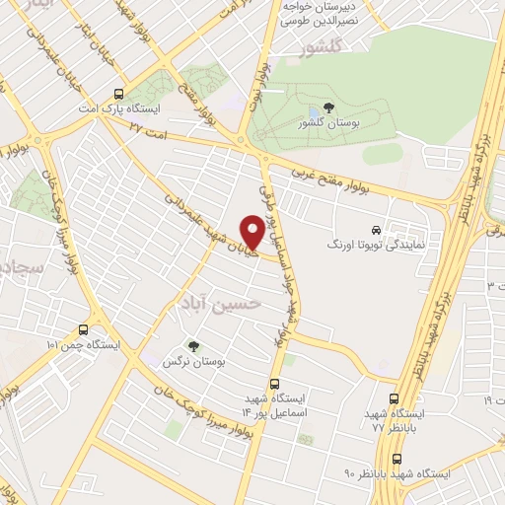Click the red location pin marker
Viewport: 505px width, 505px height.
coord(252,233)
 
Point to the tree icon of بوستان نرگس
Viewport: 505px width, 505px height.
coord(192,345)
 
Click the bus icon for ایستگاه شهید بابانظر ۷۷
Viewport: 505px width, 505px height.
coord(394,398)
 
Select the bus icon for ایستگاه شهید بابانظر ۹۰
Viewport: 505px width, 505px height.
coord(397,459)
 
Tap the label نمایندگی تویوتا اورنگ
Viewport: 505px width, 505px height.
coord(375,242)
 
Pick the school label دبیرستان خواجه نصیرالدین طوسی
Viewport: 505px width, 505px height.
coord(320,12)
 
